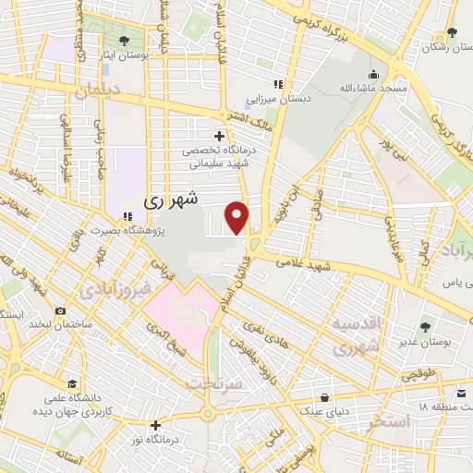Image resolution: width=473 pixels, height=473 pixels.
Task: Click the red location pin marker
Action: (x=237, y=217)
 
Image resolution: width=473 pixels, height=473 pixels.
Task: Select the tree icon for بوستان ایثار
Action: (x=125, y=40)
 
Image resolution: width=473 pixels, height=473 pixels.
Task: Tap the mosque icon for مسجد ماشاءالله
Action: (x=373, y=76)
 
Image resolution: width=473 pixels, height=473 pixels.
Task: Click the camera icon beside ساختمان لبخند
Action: (x=60, y=311)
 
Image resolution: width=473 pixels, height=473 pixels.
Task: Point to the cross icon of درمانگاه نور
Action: (x=155, y=426)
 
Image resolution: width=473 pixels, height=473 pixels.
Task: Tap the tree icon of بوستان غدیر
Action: (x=425, y=326)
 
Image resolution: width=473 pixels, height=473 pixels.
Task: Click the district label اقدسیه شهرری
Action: (x=356, y=336)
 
